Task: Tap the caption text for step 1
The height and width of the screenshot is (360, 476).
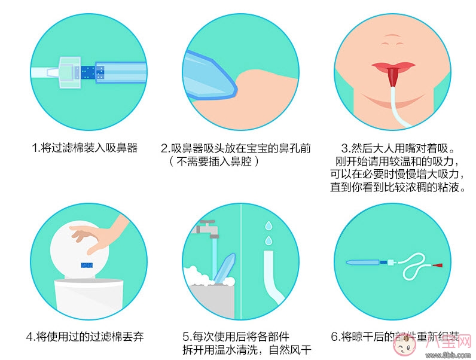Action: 85,148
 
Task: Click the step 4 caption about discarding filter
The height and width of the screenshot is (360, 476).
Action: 85,336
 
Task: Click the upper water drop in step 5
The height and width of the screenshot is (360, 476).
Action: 268,226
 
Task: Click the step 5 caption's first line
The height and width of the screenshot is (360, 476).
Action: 246,336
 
